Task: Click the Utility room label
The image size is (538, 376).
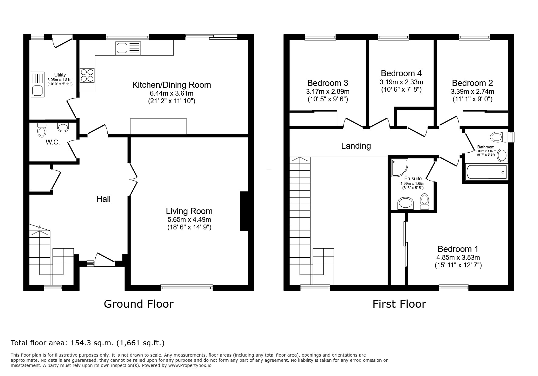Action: [x=60, y=75]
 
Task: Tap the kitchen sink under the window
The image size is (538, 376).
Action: [x=128, y=48]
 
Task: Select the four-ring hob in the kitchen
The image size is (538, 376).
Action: [x=87, y=75]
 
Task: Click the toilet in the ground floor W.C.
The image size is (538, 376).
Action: [x=42, y=130]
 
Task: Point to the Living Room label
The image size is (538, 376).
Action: [x=189, y=211]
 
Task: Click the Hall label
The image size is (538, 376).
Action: [x=103, y=199]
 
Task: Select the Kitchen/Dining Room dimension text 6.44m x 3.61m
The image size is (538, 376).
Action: [x=171, y=93]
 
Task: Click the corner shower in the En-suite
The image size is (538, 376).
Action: [x=400, y=167]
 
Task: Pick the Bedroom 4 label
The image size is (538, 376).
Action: [x=401, y=73]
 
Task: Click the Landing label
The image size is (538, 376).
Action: [x=356, y=146]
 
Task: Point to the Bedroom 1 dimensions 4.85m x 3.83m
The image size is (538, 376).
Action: [x=458, y=258]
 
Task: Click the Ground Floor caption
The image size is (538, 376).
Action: [x=139, y=304]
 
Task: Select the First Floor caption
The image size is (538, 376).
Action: [x=399, y=304]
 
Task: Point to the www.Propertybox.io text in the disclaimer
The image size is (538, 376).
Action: [x=190, y=366]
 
